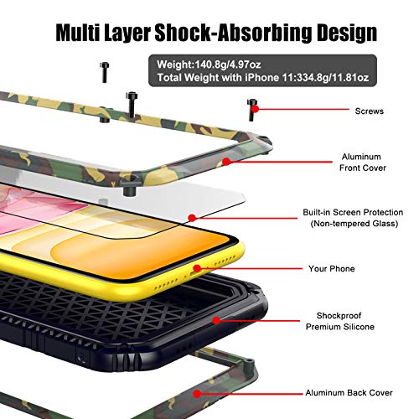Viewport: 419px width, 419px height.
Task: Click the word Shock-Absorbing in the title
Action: coord(233,33)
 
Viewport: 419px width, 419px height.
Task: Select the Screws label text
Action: coord(370,111)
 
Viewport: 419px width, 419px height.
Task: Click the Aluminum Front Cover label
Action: coord(362,163)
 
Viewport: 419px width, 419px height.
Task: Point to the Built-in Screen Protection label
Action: coord(353,218)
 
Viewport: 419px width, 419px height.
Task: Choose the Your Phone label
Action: coord(332,269)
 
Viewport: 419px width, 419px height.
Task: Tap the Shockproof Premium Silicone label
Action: coord(339,321)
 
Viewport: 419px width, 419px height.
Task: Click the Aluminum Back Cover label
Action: coord(349,393)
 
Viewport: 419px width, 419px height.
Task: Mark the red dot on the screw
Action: coord(255,109)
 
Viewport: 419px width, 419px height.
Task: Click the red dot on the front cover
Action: coord(226,162)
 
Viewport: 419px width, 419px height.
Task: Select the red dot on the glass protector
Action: coord(192,218)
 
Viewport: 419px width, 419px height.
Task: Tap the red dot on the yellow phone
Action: coord(197,268)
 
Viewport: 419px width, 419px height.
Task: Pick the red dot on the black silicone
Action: coord(216,320)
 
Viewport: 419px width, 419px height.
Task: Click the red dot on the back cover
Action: coord(197,394)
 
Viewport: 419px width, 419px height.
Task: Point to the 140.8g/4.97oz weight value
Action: coord(228,65)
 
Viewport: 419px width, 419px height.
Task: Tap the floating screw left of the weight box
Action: coord(105,72)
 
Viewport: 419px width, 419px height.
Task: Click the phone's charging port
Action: coord(194,274)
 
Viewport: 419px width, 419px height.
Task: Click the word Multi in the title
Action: coord(78,33)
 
